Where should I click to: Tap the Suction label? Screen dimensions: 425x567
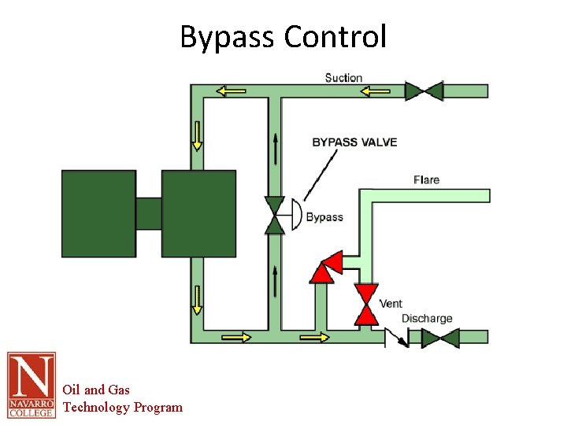click(x=343, y=77)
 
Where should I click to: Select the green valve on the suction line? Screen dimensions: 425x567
click(x=424, y=91)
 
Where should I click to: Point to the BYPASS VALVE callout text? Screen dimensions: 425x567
click(x=354, y=142)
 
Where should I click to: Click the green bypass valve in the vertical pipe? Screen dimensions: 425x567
click(x=274, y=216)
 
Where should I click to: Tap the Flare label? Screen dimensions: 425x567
click(x=426, y=179)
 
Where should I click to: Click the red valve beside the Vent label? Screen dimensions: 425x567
click(x=365, y=304)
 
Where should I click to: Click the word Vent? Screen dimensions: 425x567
click(x=391, y=304)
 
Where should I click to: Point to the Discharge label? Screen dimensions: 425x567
click(x=427, y=319)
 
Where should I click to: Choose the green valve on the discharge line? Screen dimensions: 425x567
click(x=440, y=338)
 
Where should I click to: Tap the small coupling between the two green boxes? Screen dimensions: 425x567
click(x=148, y=213)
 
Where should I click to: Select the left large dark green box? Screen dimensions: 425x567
click(x=98, y=213)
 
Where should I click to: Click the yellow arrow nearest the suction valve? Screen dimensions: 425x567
click(x=376, y=91)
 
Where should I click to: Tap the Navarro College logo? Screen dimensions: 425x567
click(x=31, y=385)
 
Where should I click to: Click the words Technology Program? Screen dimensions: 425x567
click(x=122, y=407)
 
